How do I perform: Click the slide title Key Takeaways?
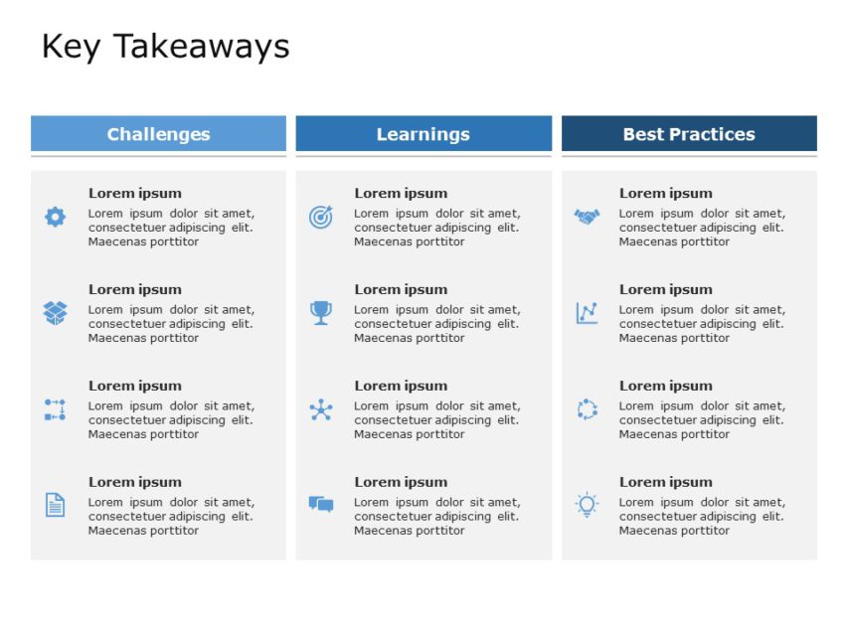(x=165, y=47)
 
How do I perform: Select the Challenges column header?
(x=158, y=134)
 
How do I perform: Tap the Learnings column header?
(x=424, y=134)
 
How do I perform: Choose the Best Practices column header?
(x=689, y=134)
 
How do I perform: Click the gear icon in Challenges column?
(x=55, y=217)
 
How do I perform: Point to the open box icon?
(x=55, y=313)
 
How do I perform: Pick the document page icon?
(x=55, y=505)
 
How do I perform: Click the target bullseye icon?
(x=320, y=217)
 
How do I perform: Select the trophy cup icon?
(x=320, y=313)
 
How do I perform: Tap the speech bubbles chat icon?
(x=320, y=505)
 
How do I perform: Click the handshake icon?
(x=587, y=216)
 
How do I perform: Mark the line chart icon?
(x=587, y=313)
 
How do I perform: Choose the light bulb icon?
(x=587, y=505)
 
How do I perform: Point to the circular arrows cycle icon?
(x=587, y=409)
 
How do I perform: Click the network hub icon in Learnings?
(x=320, y=409)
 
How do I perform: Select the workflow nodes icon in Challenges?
(x=55, y=409)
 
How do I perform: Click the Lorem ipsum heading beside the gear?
(x=135, y=193)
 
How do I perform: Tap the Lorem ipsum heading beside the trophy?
(x=401, y=289)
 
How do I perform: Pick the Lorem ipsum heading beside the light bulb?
(x=666, y=482)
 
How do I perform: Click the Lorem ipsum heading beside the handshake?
(x=666, y=193)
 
